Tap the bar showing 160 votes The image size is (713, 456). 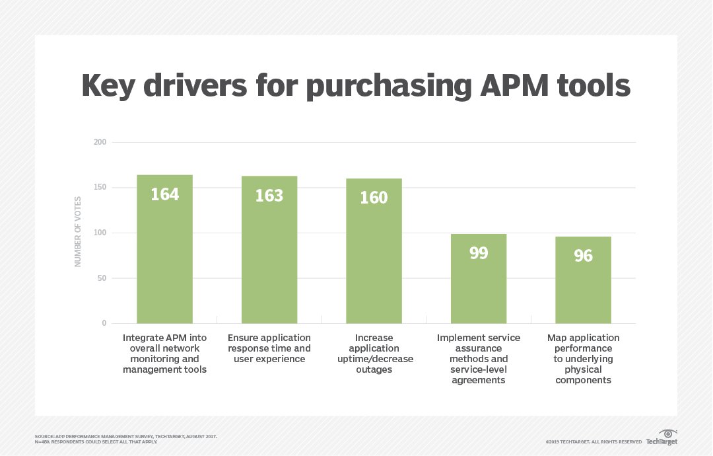click(x=374, y=251)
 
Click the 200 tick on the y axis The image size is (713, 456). click(x=99, y=142)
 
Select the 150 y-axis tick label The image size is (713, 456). click(x=99, y=188)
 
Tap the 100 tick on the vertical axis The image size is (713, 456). click(x=99, y=233)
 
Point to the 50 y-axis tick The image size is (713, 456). click(x=101, y=278)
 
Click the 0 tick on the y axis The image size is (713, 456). click(x=104, y=323)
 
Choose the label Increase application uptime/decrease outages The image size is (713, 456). click(x=374, y=354)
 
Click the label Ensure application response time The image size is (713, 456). click(x=269, y=348)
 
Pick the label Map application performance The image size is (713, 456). click(x=583, y=359)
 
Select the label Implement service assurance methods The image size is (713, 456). click(x=478, y=359)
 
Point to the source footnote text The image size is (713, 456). click(x=125, y=439)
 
